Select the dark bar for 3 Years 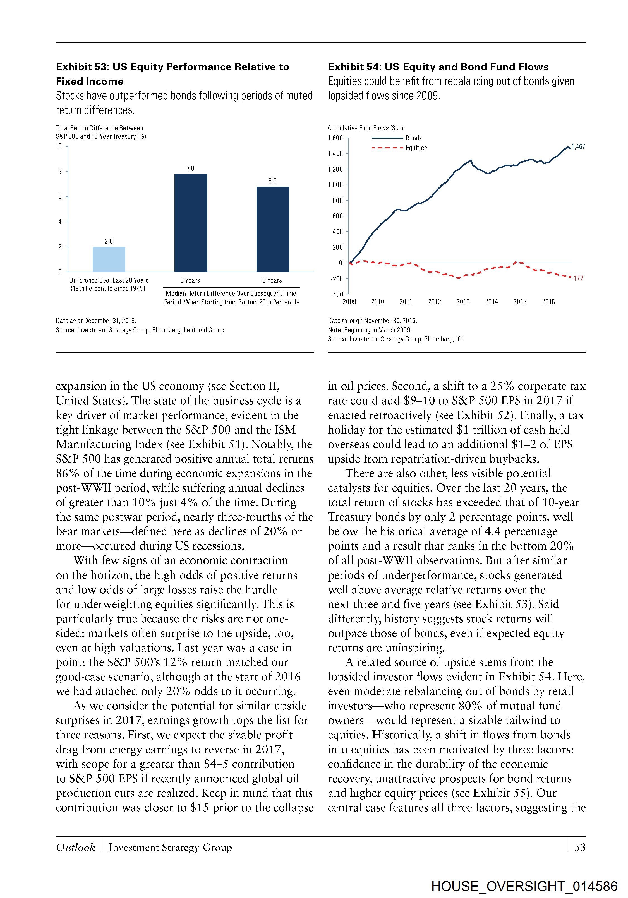tap(191, 223)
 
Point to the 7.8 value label tap(191, 168)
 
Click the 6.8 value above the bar tap(272, 181)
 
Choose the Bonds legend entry tap(414, 138)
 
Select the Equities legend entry tap(416, 148)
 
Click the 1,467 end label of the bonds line tap(578, 147)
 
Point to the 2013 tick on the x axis tap(463, 302)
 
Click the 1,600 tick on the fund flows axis tap(335, 138)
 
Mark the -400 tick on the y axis tap(337, 294)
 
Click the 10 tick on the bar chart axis tap(59, 146)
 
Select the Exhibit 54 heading tap(438, 67)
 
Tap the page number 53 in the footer tap(580, 847)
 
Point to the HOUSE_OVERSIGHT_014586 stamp tap(524, 886)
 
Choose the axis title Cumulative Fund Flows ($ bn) tap(366, 128)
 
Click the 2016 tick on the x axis tap(548, 302)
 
